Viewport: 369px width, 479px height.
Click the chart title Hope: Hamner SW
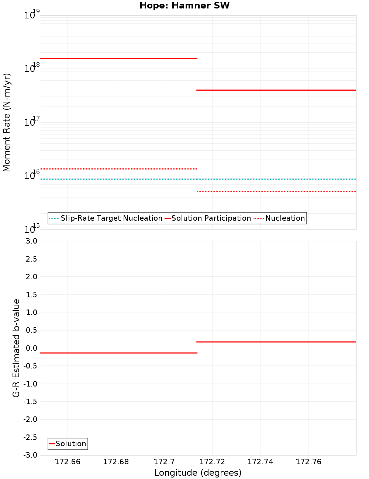tap(184, 6)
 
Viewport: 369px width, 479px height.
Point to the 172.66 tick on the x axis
tap(68, 462)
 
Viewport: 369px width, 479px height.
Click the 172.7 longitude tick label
tap(164, 462)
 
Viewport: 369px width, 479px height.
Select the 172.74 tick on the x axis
tap(260, 462)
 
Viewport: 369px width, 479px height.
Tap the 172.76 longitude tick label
tap(308, 462)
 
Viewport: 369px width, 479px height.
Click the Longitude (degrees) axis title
tap(198, 473)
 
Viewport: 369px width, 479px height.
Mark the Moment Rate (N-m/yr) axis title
tap(7, 122)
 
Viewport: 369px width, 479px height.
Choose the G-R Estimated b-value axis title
tap(16, 348)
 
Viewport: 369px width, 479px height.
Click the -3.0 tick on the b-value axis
tap(31, 455)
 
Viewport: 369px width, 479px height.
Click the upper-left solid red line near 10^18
tap(118, 59)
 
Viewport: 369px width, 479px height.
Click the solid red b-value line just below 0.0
tap(118, 353)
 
